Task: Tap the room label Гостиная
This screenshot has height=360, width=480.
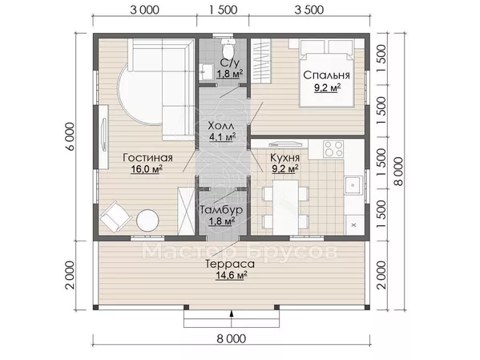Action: (148, 158)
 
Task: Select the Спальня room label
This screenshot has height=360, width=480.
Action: (326, 75)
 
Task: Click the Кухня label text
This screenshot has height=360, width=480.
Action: (284, 158)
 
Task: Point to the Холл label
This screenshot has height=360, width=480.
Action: (221, 126)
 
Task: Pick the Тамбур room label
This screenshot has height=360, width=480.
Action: (221, 210)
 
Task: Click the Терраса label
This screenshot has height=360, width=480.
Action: (230, 264)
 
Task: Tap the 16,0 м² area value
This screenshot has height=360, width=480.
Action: (147, 169)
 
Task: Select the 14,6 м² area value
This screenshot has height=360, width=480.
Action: (232, 275)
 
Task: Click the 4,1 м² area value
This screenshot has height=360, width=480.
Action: (222, 136)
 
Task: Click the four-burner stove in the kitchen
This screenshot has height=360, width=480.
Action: (333, 148)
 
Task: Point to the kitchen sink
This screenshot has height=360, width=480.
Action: (353, 185)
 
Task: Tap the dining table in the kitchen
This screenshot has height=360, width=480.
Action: (285, 208)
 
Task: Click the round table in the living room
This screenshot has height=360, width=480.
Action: (147, 220)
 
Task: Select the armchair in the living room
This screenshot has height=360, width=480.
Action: (115, 216)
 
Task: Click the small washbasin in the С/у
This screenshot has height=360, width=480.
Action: (206, 72)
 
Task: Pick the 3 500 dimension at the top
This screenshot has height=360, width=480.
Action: (309, 10)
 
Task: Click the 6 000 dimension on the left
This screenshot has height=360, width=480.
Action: (70, 136)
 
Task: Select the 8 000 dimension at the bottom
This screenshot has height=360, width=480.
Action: (232, 339)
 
